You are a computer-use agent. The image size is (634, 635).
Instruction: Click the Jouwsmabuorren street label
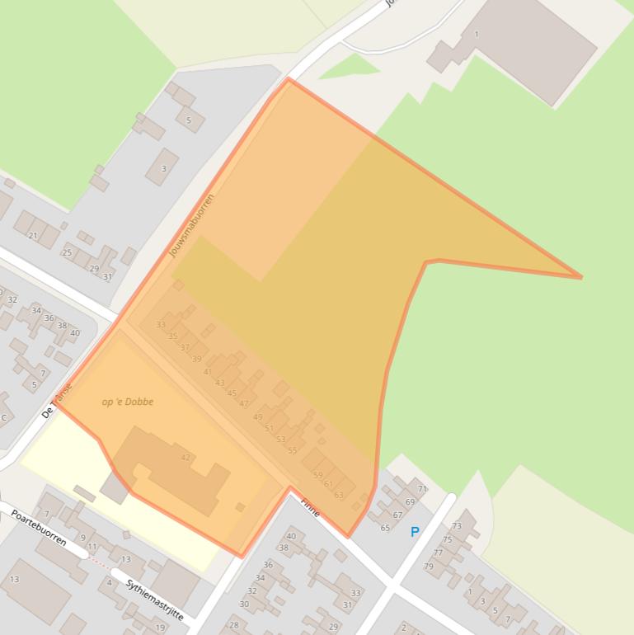click(x=191, y=225)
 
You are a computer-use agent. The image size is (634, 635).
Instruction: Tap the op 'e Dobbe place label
click(x=128, y=402)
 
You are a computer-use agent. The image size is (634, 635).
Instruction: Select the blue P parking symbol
click(x=415, y=533)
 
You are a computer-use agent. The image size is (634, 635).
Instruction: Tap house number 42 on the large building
click(x=186, y=458)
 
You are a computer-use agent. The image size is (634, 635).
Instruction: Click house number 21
click(x=33, y=236)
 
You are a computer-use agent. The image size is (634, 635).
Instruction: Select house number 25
click(x=68, y=252)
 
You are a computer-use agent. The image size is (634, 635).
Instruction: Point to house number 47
click(x=244, y=403)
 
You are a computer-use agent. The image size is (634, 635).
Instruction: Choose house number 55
click(x=293, y=450)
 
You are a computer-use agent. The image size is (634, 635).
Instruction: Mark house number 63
click(x=339, y=495)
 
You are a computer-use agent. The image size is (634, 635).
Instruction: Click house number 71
click(x=422, y=489)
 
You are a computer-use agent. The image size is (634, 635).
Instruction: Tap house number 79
click(x=429, y=567)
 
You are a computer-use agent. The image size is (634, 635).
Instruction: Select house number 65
click(x=385, y=527)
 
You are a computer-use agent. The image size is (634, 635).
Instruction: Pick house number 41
click(x=208, y=372)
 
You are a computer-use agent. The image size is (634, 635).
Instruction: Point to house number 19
click(x=160, y=628)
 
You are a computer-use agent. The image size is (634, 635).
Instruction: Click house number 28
click(x=234, y=625)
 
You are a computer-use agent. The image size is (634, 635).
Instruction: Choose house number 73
click(x=457, y=525)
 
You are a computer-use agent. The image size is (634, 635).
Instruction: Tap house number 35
click(x=173, y=336)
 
